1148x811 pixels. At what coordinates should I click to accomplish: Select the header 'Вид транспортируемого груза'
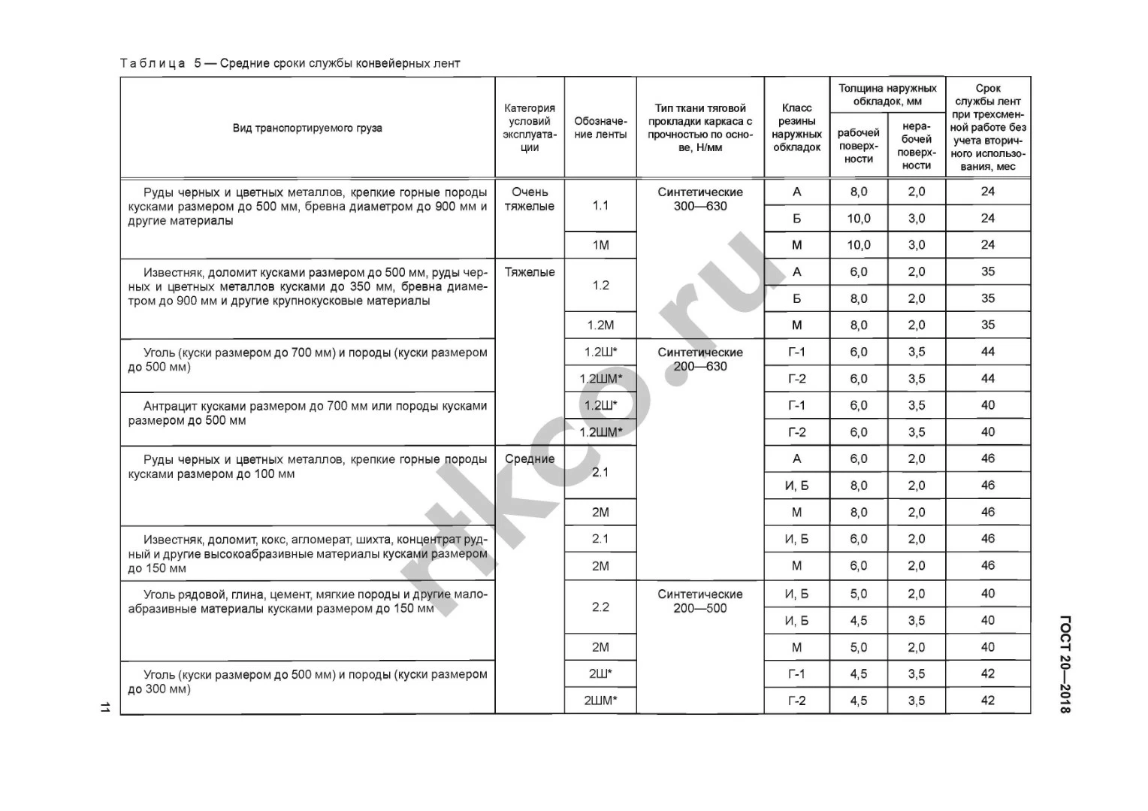[x=307, y=128]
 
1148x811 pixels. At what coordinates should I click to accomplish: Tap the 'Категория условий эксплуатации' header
[x=530, y=128]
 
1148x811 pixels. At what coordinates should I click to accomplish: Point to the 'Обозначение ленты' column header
[x=600, y=128]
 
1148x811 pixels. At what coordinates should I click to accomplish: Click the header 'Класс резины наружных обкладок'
[x=796, y=128]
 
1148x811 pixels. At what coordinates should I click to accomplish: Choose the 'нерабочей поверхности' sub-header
[x=916, y=146]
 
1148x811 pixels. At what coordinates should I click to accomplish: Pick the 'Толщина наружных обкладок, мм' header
[x=887, y=95]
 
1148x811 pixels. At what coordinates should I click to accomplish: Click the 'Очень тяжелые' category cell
[x=530, y=199]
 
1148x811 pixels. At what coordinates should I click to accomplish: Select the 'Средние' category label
[x=530, y=459]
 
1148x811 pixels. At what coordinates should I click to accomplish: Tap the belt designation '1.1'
[x=600, y=205]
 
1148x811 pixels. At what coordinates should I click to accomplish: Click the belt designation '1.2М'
[x=600, y=325]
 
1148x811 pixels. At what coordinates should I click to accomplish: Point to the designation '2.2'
[x=600, y=607]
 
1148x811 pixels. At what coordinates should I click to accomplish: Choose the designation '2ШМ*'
[x=600, y=701]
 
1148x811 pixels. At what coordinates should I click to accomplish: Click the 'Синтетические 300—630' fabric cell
[x=700, y=199]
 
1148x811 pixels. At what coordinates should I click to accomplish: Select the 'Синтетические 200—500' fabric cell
[x=700, y=601]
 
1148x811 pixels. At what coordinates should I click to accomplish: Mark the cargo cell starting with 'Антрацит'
[x=307, y=413]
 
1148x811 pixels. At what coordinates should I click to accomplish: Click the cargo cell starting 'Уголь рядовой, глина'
[x=307, y=601]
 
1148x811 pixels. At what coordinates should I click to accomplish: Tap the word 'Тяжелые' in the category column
[x=530, y=272]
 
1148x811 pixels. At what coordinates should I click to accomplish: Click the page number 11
[x=104, y=707]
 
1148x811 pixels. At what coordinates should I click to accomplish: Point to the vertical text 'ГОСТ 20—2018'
[x=1065, y=664]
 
